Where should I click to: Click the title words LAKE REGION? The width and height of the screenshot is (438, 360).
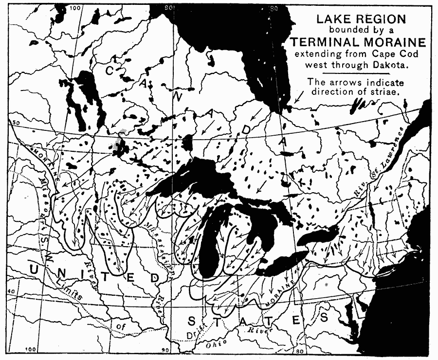(361, 19)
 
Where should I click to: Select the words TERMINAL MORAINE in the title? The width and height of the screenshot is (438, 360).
(361, 42)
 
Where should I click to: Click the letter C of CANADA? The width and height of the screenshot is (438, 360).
(110, 71)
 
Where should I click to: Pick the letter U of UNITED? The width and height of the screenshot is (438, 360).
(35, 269)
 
